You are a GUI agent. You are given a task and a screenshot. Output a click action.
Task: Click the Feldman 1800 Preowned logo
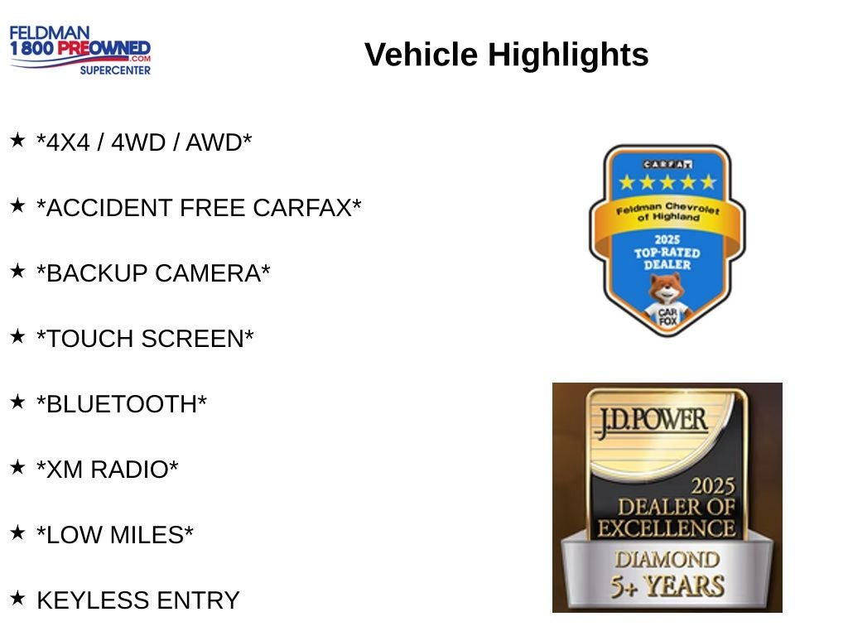click(80, 50)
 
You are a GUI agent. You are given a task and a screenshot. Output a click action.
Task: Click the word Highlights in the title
click(568, 55)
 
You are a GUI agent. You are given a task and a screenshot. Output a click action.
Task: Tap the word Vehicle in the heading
click(422, 55)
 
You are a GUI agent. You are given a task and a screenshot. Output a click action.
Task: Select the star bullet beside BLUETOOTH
click(17, 402)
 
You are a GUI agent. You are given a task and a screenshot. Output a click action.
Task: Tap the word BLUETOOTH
click(122, 404)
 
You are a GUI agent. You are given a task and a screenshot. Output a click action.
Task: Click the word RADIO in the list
click(134, 470)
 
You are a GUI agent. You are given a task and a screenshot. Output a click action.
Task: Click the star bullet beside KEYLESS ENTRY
click(17, 598)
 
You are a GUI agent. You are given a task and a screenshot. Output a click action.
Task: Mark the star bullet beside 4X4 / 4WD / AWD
click(17, 139)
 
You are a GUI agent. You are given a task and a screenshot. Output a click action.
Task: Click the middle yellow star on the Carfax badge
click(667, 182)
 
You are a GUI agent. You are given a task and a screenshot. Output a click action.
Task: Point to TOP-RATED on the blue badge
click(667, 253)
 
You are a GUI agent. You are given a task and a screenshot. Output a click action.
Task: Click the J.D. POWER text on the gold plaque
click(652, 422)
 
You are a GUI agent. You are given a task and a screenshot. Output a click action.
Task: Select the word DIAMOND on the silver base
click(667, 560)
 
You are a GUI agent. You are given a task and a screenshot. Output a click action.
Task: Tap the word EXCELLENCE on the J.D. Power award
click(667, 528)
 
